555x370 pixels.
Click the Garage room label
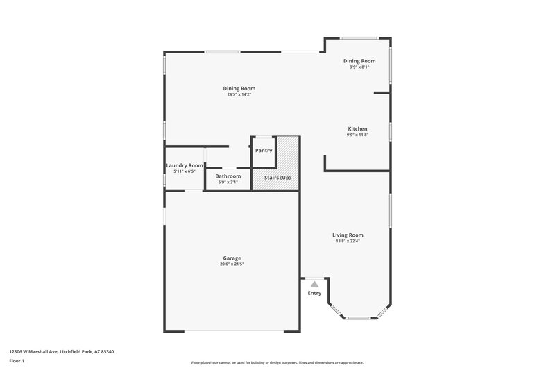[232, 258]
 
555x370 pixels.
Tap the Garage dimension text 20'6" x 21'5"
[232, 264]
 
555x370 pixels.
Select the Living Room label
[347, 235]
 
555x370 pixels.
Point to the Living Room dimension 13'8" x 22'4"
[347, 241]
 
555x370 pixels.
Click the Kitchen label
[357, 128]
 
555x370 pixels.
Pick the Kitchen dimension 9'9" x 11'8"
[357, 135]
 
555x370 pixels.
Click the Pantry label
[264, 151]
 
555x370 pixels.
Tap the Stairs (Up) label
[276, 178]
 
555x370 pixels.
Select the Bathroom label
[228, 176]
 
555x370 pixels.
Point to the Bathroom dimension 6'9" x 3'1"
[228, 183]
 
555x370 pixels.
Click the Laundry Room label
[185, 165]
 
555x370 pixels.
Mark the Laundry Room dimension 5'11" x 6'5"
[185, 171]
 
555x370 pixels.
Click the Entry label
[314, 293]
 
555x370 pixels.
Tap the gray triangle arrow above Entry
[314, 284]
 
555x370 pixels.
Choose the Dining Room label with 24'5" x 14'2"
[239, 88]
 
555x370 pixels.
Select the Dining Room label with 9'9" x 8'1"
[359, 61]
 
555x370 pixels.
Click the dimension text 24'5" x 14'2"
[239, 94]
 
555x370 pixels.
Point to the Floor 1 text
[17, 362]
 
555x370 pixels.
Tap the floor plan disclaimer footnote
[277, 362]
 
